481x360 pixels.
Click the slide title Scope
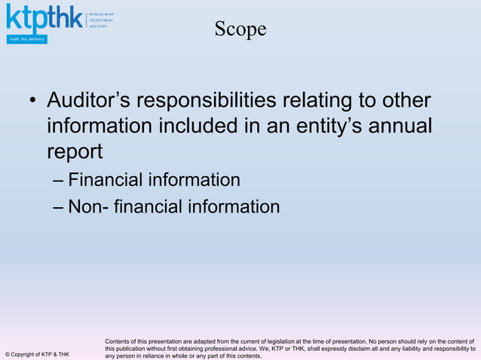(x=240, y=29)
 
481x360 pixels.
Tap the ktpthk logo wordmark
(x=44, y=19)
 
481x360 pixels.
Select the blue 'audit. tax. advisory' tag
(x=26, y=39)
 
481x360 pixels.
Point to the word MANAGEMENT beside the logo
(x=102, y=14)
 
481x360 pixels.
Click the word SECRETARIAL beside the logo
(x=102, y=20)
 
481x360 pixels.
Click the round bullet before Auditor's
(x=32, y=101)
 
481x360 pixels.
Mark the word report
(x=75, y=151)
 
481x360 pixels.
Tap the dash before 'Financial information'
(x=59, y=181)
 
